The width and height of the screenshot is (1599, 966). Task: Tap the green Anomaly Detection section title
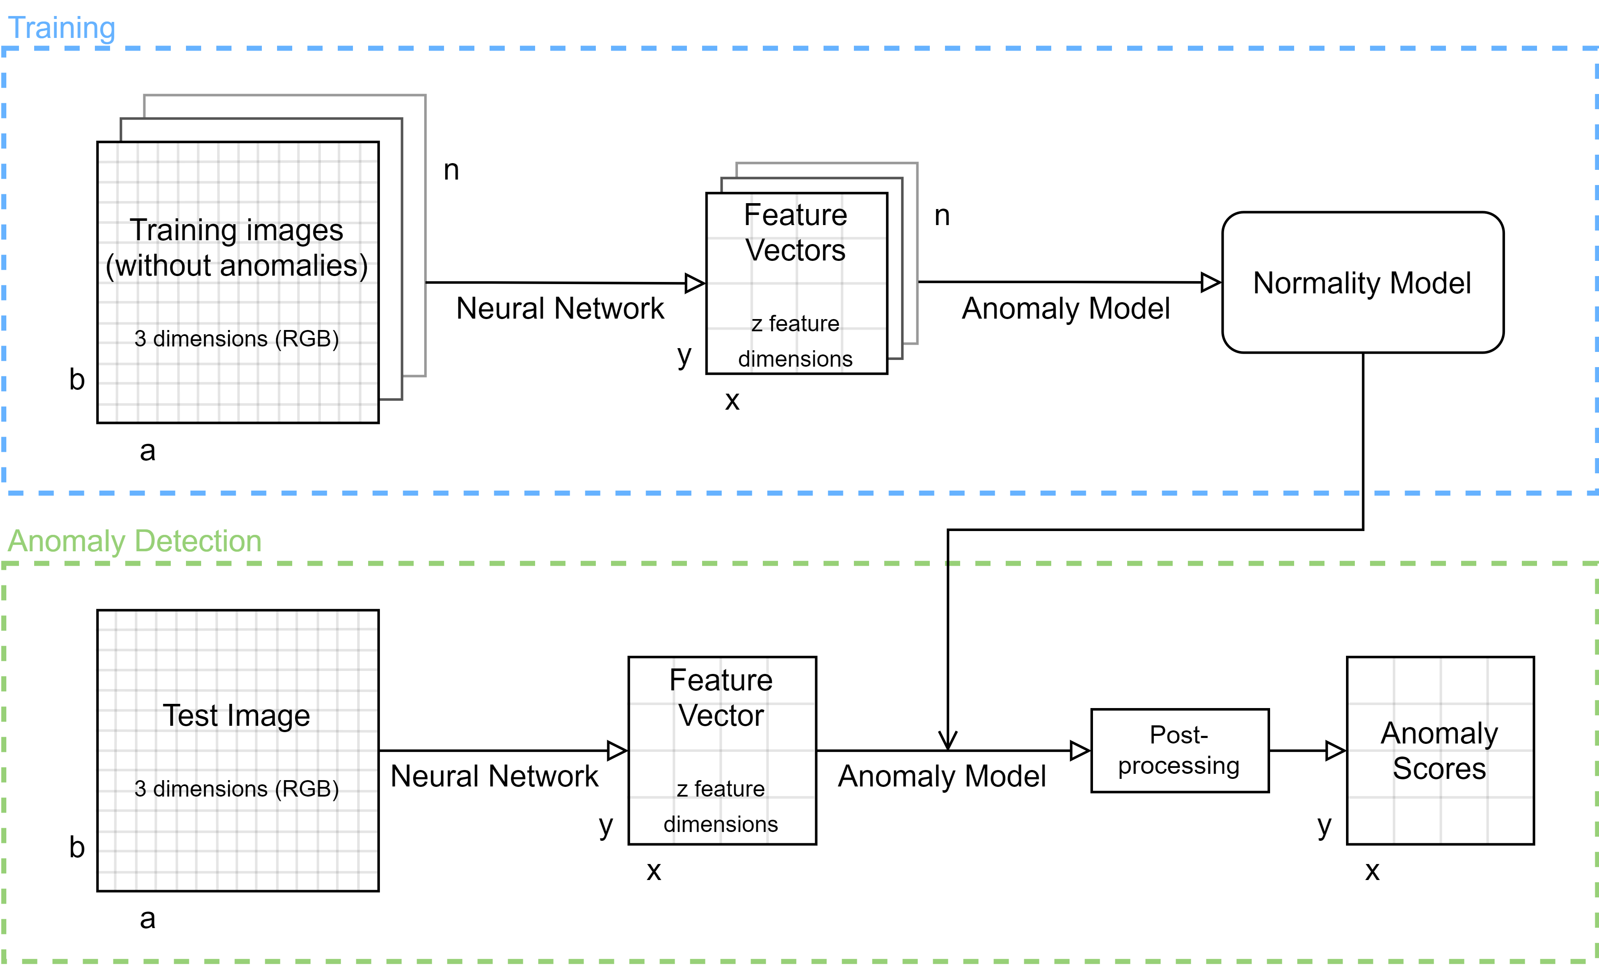click(x=135, y=541)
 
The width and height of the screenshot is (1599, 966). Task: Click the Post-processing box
click(x=1180, y=751)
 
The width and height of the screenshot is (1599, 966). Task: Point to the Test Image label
click(x=236, y=716)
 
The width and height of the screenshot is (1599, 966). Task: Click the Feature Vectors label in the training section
click(x=796, y=232)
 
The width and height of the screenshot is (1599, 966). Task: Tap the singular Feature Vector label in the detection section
click(x=721, y=698)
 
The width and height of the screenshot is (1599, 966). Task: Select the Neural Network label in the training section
click(x=560, y=308)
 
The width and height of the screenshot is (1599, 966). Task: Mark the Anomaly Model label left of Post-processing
click(x=942, y=776)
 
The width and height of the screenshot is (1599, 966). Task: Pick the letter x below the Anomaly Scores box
click(x=1372, y=871)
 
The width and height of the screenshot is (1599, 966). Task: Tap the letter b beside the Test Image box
click(x=77, y=847)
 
